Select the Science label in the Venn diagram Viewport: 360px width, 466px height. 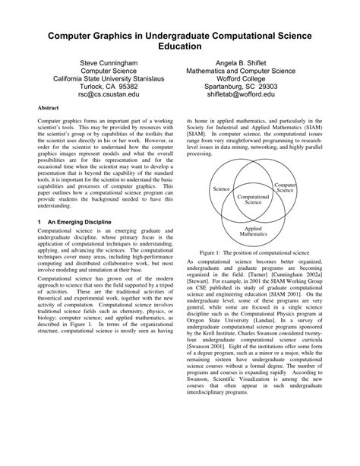[x=221, y=189]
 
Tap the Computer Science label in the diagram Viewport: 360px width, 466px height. [x=285, y=186]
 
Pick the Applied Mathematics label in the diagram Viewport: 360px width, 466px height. [x=254, y=231]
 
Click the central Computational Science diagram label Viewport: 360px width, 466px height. [x=254, y=199]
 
